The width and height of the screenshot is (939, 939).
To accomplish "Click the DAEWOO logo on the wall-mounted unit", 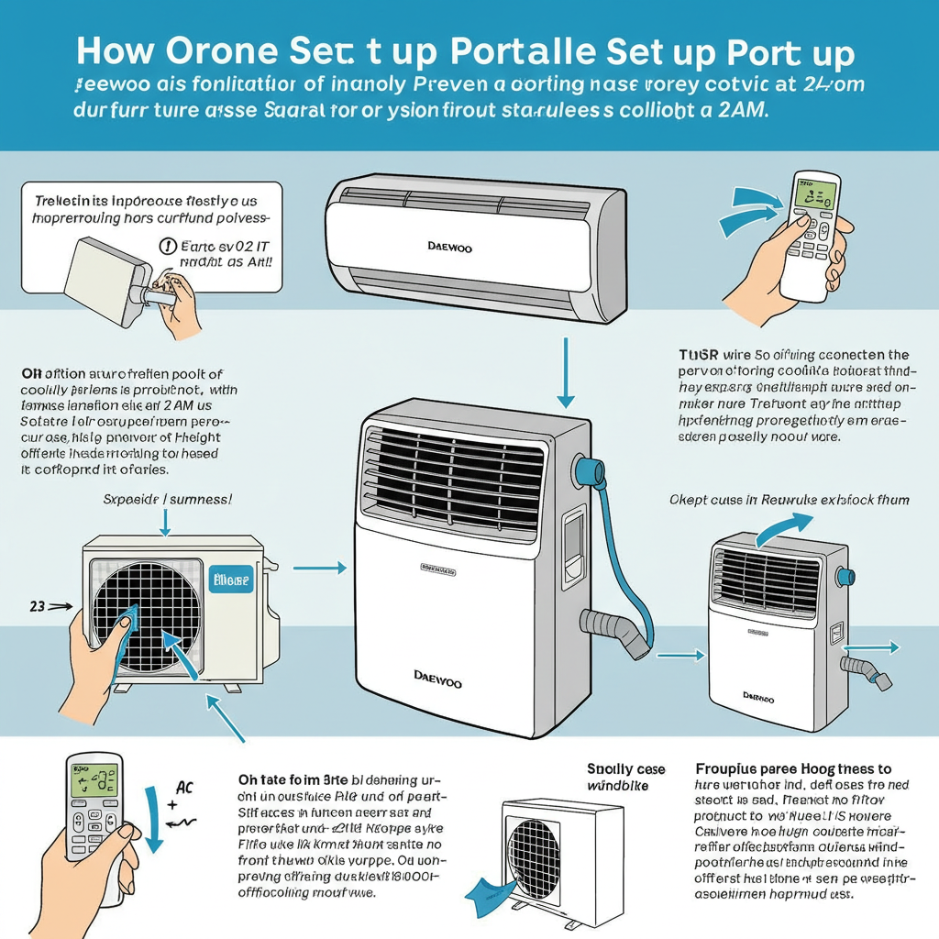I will (450, 248).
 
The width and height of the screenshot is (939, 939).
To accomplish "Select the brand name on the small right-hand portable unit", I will (756, 700).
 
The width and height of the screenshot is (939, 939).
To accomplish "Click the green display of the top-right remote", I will (815, 194).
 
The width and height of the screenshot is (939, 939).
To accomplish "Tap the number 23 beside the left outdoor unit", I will (38, 605).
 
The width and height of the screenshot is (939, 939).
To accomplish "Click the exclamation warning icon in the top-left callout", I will (168, 245).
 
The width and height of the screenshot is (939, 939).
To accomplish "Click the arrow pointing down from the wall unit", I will (566, 376).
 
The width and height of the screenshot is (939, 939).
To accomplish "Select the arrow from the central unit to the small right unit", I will (680, 655).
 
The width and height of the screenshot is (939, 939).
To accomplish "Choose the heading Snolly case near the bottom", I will (625, 769).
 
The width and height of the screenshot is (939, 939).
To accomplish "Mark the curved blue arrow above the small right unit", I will (786, 526).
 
